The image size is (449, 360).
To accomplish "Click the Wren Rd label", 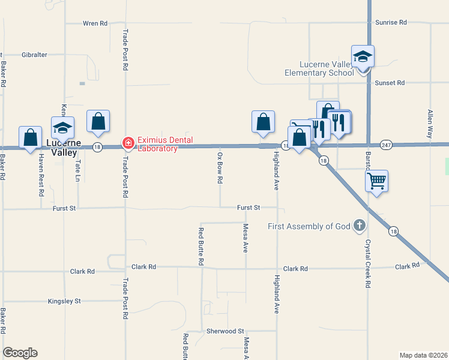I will point(95,23).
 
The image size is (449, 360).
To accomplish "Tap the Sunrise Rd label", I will point(391,22).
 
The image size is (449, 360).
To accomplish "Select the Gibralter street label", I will point(34,55).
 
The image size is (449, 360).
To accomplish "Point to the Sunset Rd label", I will point(390,83).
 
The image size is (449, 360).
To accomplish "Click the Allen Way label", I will point(430,124).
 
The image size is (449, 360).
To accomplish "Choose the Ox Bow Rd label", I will point(220,171).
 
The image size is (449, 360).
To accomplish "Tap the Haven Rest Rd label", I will point(41,175).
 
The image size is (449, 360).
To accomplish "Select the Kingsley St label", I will point(64,301).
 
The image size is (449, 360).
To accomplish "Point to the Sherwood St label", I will point(225,331).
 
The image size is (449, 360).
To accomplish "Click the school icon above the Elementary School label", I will point(363,56).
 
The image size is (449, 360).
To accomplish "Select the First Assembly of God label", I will point(309,226).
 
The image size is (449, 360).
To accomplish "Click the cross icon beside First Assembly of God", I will point(359,226).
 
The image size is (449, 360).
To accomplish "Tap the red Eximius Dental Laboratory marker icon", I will point(128,143).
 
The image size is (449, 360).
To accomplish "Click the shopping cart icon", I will point(376,180).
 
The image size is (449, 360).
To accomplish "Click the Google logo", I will point(20,353).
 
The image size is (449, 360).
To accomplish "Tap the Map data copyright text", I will point(423,355).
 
